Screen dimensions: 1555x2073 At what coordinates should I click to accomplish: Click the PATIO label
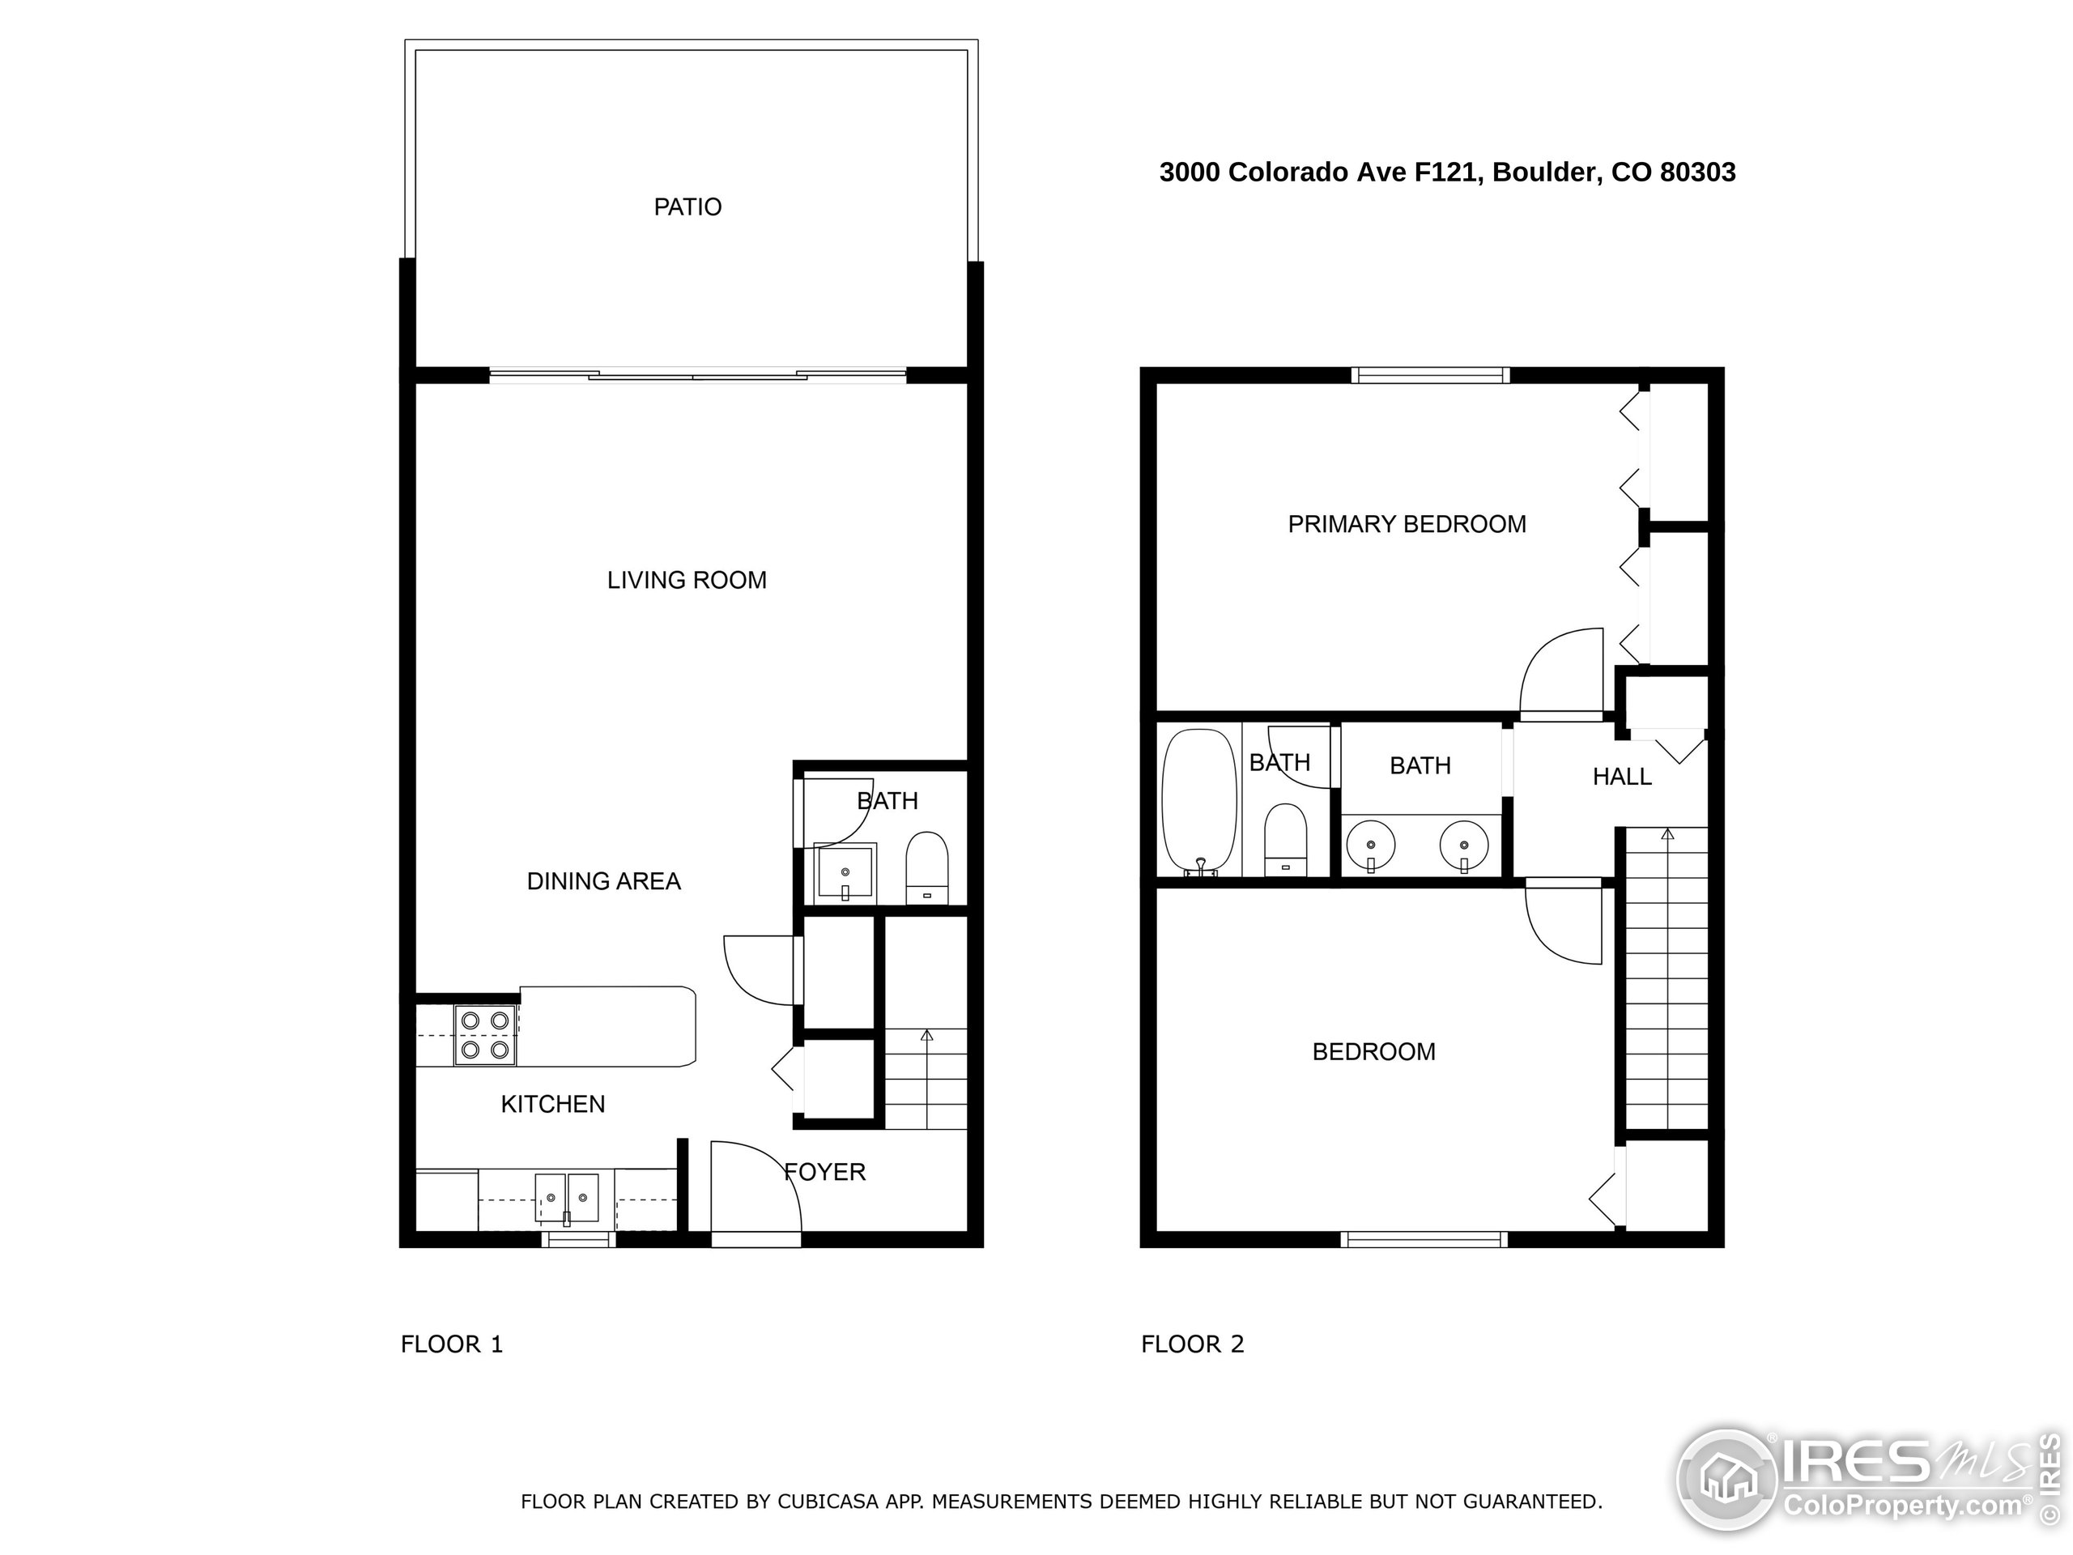tap(687, 207)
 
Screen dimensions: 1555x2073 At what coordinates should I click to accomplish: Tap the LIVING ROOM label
tap(686, 580)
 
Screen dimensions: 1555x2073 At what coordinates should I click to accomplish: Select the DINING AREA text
tap(603, 881)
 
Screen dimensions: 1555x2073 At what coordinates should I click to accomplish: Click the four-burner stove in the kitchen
tap(485, 1035)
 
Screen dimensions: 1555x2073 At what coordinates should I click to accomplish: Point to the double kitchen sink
tap(567, 1199)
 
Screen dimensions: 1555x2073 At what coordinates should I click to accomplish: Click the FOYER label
tap(824, 1172)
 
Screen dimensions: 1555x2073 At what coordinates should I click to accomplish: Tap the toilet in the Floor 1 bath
tap(927, 868)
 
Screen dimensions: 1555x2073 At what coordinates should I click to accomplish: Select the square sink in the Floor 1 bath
tap(845, 872)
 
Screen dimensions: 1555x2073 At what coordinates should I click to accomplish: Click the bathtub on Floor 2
tap(1198, 802)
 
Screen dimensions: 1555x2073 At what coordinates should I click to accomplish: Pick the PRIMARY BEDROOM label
tap(1407, 524)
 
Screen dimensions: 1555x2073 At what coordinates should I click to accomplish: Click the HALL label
tap(1621, 776)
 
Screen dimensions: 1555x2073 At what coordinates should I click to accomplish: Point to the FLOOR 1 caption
tap(452, 1344)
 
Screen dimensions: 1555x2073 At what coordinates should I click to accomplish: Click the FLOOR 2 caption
tap(1192, 1344)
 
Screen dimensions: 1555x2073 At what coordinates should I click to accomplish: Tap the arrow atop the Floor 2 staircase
tap(1666, 833)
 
